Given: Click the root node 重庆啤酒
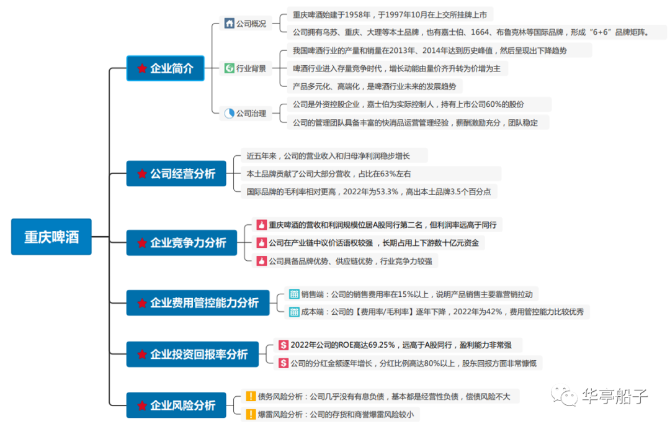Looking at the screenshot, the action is click(51, 237).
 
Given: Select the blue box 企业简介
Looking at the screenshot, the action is click(165, 68).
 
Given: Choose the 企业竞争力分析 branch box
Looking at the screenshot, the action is click(181, 243).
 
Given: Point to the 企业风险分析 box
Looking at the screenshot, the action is click(176, 405).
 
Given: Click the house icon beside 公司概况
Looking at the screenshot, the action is click(230, 24).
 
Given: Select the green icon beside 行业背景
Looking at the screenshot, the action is click(229, 68).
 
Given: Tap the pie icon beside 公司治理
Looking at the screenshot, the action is click(230, 113).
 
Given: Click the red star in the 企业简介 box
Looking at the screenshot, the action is click(142, 69).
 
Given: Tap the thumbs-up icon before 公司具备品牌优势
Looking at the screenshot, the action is click(261, 261).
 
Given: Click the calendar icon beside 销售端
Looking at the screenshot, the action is click(293, 294).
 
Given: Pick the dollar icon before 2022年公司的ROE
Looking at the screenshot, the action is click(283, 345).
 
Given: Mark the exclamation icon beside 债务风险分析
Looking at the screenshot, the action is click(251, 396).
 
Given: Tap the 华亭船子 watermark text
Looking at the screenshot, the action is click(614, 396).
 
